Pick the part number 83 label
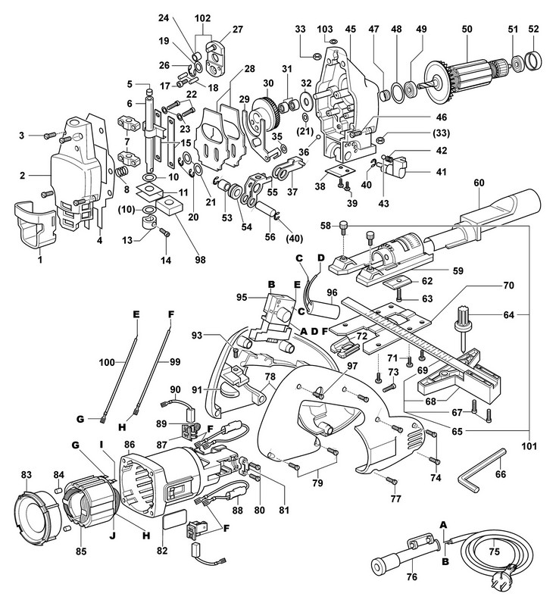27,475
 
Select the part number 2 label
23,176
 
